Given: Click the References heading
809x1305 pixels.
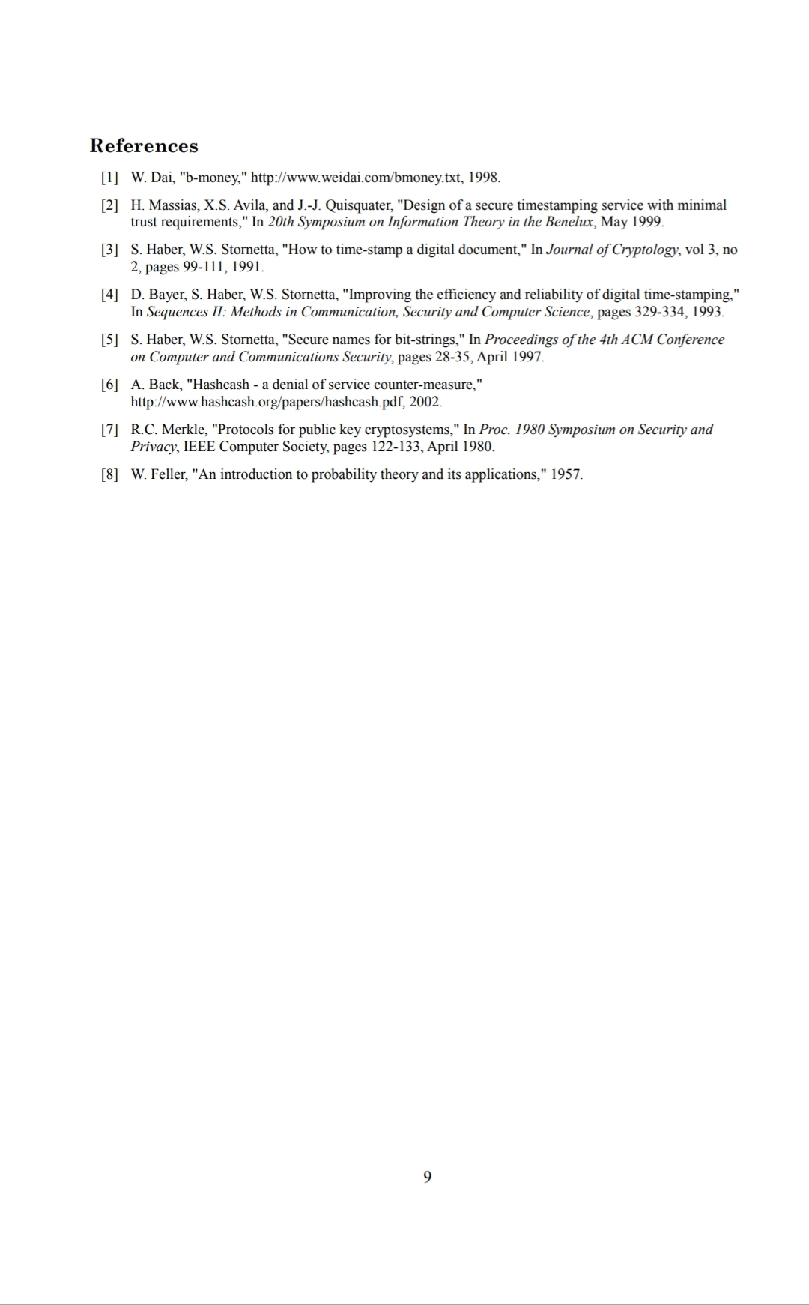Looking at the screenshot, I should [x=144, y=145].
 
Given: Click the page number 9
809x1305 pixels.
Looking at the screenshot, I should [x=427, y=1176].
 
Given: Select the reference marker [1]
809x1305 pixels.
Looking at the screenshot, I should [x=109, y=178].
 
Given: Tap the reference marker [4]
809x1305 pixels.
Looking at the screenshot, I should [x=109, y=295].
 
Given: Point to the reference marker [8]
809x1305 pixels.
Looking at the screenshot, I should [x=109, y=474].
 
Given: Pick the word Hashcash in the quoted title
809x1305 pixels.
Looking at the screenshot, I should [x=221, y=385].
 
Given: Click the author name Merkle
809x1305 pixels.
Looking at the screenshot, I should [x=181, y=430].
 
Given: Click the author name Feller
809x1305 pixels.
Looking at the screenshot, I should [x=170, y=474].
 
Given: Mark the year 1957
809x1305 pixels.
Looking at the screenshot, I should [x=566, y=474].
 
